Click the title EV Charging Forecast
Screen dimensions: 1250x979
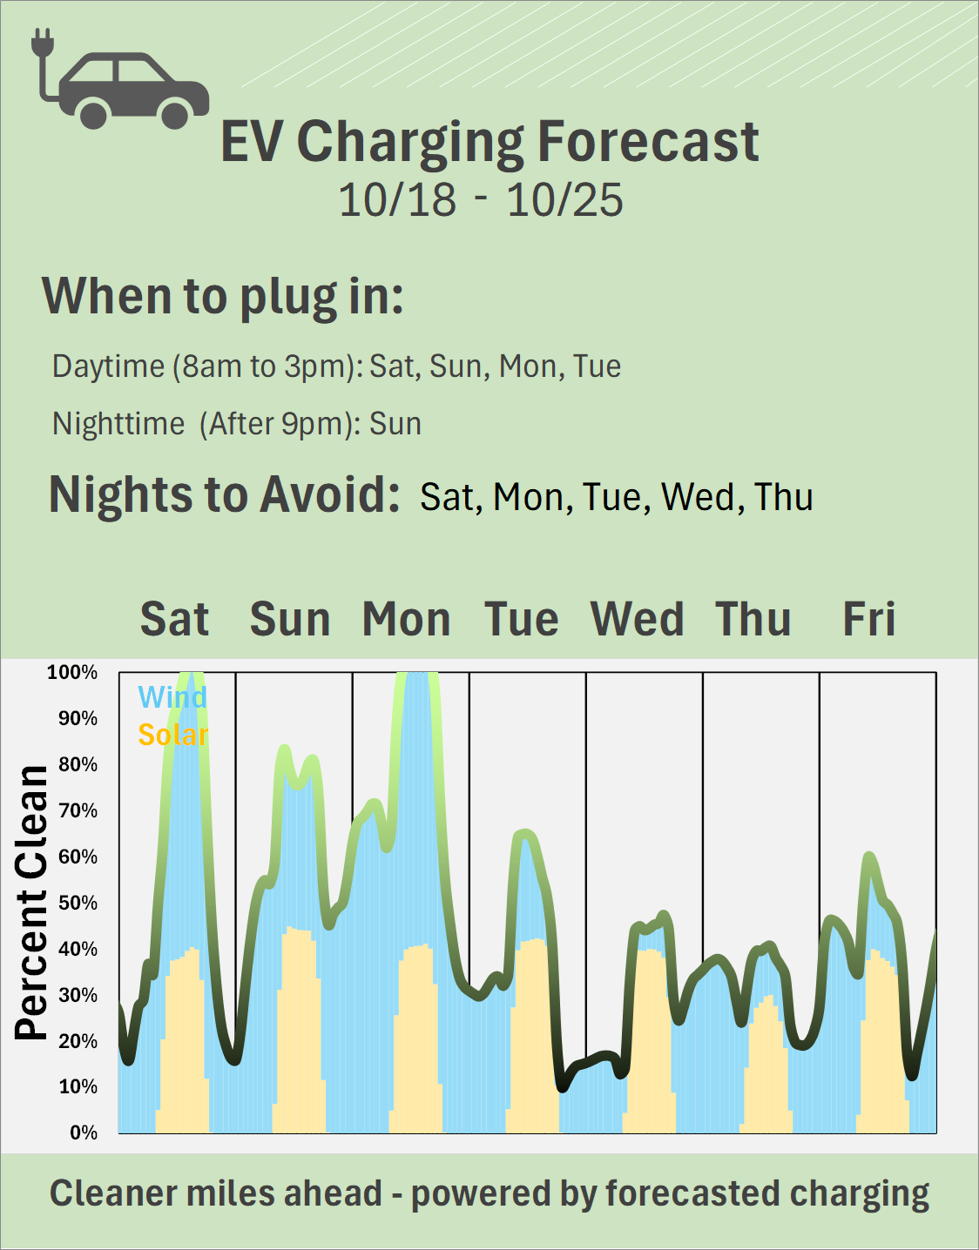[x=490, y=141]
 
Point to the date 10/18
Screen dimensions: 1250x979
[x=397, y=200]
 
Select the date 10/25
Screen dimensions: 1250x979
[x=565, y=200]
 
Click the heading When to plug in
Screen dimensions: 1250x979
[x=223, y=296]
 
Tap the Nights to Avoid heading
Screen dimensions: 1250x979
[x=224, y=494]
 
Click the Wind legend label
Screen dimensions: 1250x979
[x=172, y=697]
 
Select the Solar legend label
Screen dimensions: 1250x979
[x=173, y=735]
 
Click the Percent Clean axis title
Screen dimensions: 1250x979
[x=32, y=903]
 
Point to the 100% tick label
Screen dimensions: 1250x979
[x=72, y=672]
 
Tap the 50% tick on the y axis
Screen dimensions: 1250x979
[x=78, y=903]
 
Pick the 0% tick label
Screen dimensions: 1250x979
[x=84, y=1132]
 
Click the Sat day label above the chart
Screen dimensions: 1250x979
[x=174, y=620]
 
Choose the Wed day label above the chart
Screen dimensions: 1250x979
[x=637, y=620]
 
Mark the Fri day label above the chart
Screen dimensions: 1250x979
[x=868, y=620]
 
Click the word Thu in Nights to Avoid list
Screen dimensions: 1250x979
[x=784, y=497]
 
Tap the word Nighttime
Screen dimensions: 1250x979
[x=118, y=424]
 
